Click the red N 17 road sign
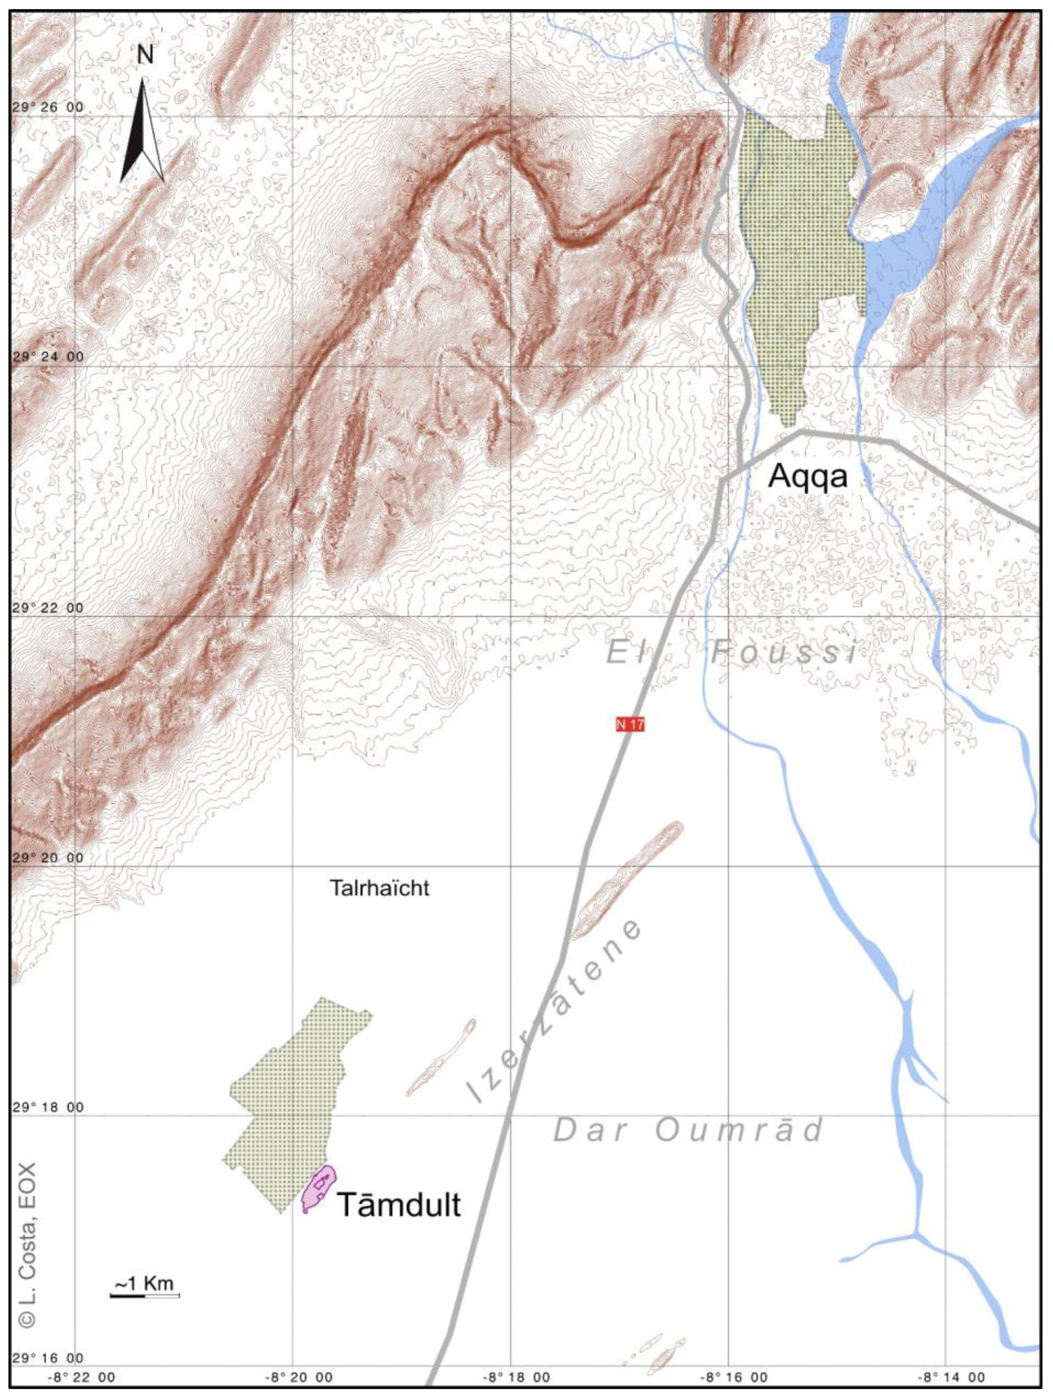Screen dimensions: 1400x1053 (x=630, y=724)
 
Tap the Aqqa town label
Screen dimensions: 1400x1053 (x=807, y=477)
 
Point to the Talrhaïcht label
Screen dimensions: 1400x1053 (x=379, y=888)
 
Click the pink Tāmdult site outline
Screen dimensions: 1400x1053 (x=318, y=1188)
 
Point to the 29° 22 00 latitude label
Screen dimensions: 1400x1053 (x=48, y=608)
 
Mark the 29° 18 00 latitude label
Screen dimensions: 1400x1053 (x=48, y=1108)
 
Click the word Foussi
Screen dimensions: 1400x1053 (x=783, y=653)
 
